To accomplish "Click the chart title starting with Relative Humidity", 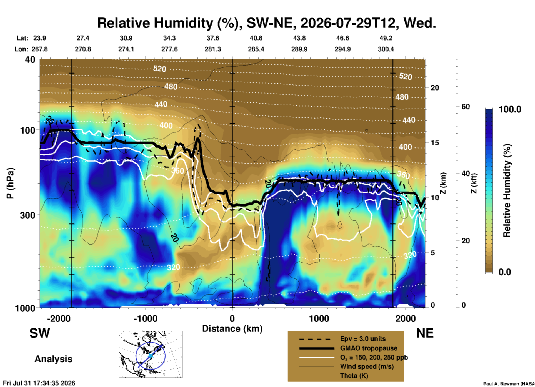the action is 266,23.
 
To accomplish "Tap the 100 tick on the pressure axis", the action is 28,130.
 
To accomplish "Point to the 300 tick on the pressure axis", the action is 28,215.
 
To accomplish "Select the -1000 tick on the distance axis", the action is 146,318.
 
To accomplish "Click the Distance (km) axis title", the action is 232,329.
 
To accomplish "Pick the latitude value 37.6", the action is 213,38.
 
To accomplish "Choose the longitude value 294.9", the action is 342,49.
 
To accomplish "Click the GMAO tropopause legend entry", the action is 369,348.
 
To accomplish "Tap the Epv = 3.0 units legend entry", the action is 363,339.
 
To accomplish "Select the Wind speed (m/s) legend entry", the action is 367,366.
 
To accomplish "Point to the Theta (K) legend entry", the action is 354,376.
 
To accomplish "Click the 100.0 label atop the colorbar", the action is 510,109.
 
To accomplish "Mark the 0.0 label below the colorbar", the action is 505,272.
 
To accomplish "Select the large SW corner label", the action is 40,333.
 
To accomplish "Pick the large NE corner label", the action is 425,333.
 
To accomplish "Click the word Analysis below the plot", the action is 53,359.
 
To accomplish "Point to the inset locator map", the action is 151,354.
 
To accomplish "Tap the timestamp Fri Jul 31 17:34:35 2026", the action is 39,383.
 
